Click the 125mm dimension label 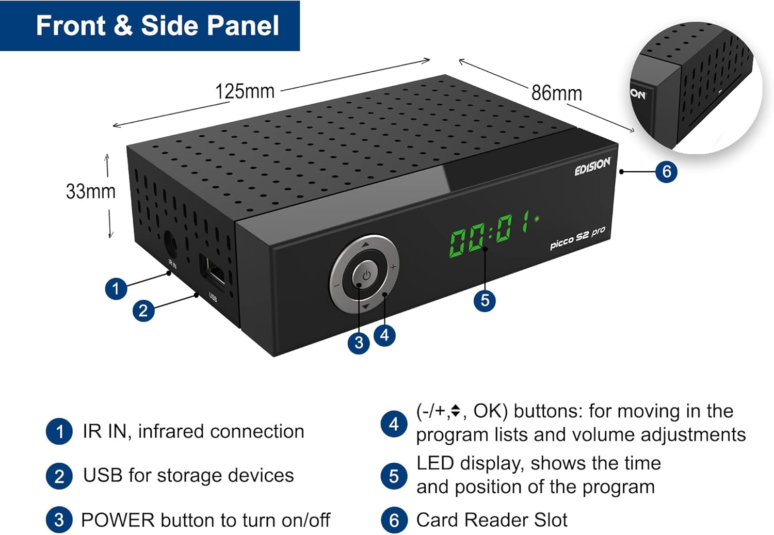click(245, 91)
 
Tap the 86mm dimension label click(556, 93)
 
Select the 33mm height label click(91, 191)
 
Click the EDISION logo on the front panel click(592, 167)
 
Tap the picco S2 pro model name click(577, 238)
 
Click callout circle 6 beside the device click(666, 171)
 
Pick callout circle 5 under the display click(485, 300)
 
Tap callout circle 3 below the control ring click(359, 343)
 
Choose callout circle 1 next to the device click(116, 288)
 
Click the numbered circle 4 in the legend click(394, 424)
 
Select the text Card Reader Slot click(491, 520)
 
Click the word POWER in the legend click(118, 520)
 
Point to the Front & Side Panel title click(157, 26)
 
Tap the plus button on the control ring click(393, 267)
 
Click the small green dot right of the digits click(537, 219)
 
